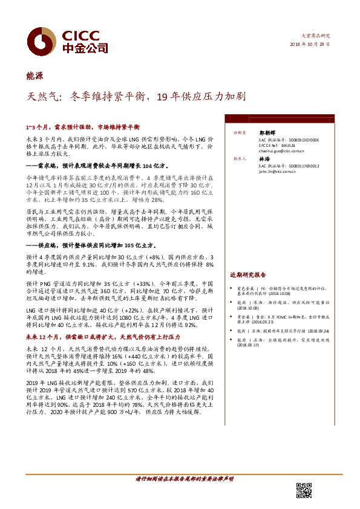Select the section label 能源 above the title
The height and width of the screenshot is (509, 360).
click(x=34, y=76)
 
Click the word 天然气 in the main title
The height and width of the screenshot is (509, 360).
click(x=42, y=96)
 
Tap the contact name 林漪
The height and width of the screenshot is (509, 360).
click(x=263, y=159)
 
